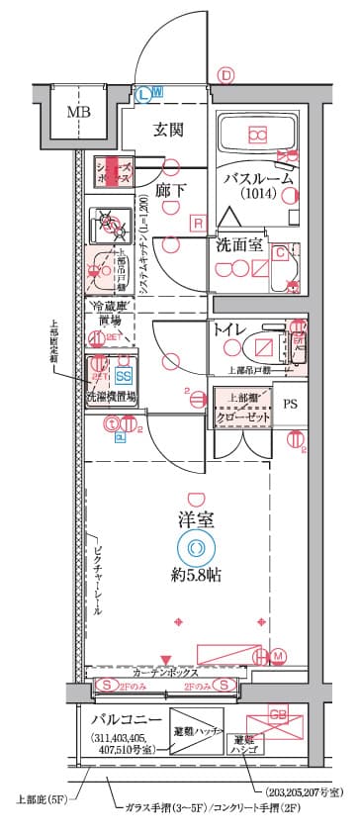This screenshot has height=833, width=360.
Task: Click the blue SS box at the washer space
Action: (124, 376)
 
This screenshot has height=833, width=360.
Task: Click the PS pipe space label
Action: (290, 404)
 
